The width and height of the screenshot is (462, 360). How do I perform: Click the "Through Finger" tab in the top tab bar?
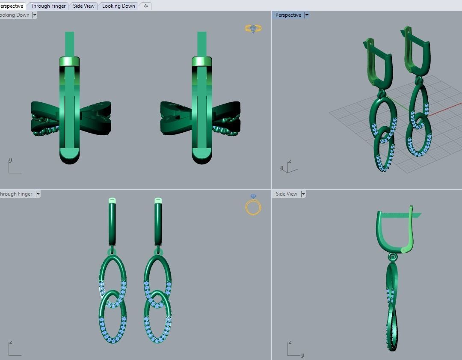[48, 6]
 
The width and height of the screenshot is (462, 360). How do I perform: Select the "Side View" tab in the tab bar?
[84, 6]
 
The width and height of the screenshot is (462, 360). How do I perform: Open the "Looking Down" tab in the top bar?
[118, 6]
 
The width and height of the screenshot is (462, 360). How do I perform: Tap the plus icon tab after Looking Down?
[145, 6]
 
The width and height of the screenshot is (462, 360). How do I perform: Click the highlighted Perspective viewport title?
[288, 15]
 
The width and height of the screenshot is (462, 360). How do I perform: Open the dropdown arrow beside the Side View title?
[303, 194]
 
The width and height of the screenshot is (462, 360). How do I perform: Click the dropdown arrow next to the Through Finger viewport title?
[38, 194]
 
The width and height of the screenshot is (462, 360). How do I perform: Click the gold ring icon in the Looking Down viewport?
[253, 29]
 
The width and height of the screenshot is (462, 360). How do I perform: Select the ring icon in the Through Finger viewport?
[253, 205]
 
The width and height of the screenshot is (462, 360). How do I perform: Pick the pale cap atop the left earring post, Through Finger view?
[112, 200]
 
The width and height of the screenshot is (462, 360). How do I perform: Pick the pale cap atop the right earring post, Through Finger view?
[158, 200]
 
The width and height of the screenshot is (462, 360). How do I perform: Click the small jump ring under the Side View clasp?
[393, 257]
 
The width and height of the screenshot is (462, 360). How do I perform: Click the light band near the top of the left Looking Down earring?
[69, 62]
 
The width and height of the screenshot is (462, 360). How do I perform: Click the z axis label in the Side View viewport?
[290, 342]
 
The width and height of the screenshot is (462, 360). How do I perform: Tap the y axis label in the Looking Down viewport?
[10, 160]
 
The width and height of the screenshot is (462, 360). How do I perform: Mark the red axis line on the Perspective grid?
[445, 109]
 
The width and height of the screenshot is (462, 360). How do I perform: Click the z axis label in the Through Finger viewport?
[10, 342]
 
